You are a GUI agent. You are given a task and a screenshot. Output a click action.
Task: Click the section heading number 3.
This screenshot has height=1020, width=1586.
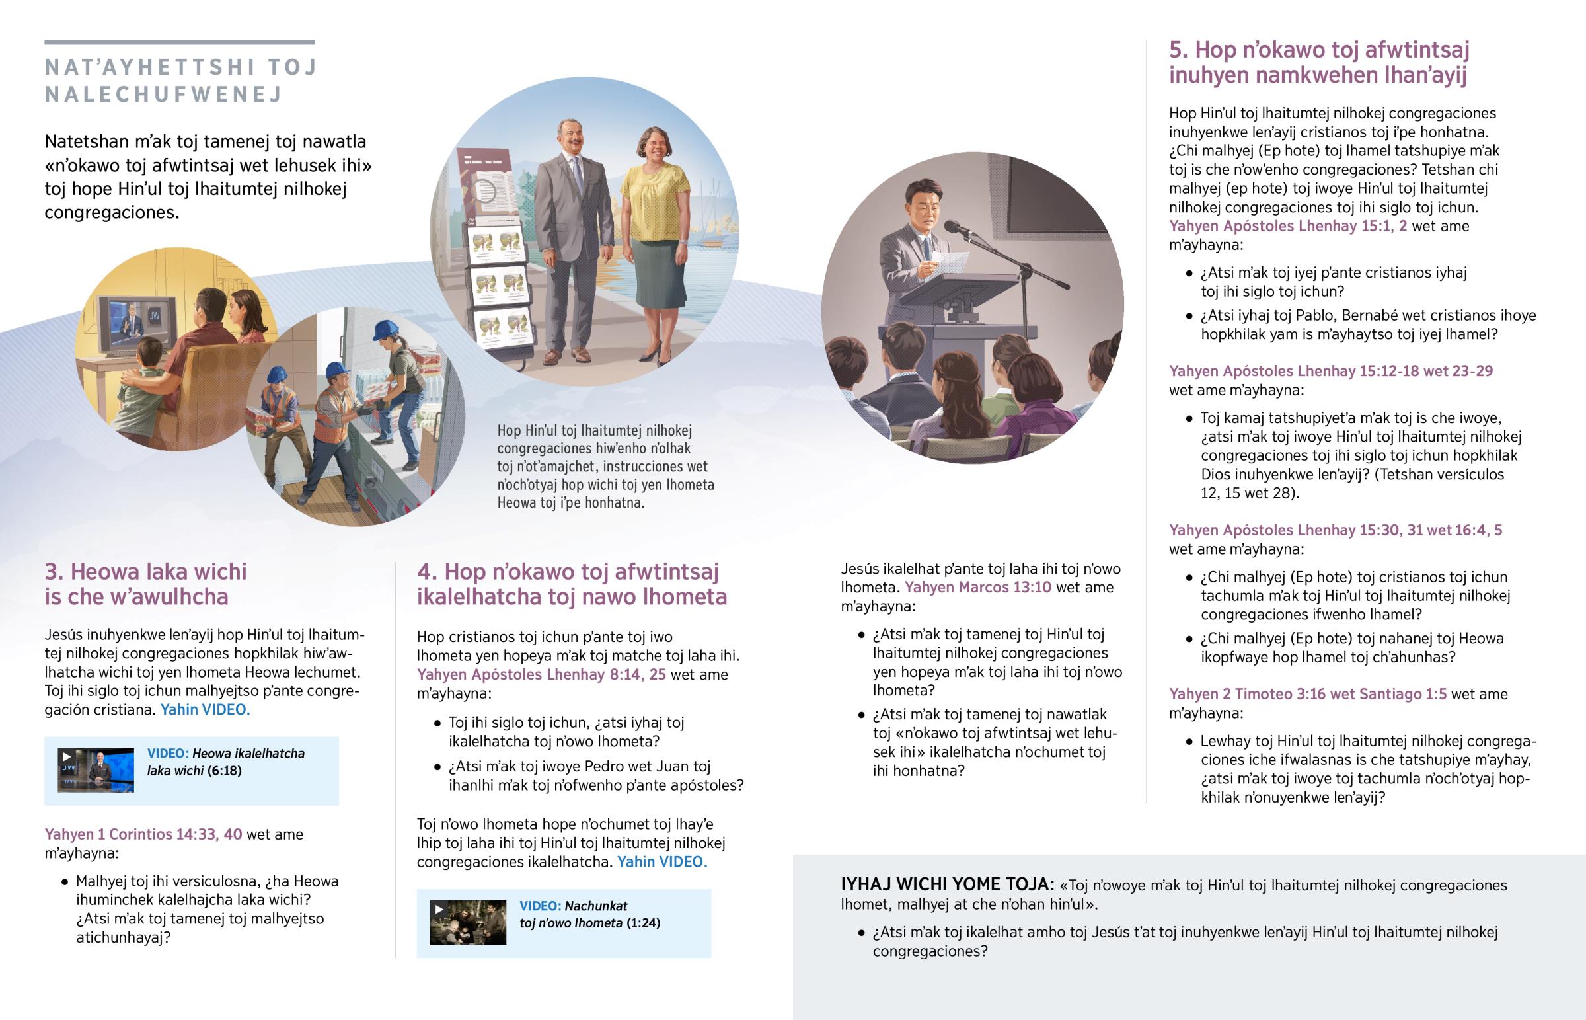[54, 572]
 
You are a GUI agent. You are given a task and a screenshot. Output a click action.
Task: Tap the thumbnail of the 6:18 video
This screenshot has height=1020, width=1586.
[96, 769]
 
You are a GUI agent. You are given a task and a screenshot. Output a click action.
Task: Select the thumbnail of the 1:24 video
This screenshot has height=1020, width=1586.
[468, 922]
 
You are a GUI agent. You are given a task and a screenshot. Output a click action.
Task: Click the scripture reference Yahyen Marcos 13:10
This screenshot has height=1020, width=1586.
[977, 588]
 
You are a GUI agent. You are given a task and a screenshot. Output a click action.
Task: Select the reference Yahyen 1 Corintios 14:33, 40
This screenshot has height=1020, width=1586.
[143, 834]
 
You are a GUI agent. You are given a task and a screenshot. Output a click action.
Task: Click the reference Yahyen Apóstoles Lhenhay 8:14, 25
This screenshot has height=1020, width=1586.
[541, 675]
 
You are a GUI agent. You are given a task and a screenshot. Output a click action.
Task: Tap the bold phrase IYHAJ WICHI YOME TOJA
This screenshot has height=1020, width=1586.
[947, 884]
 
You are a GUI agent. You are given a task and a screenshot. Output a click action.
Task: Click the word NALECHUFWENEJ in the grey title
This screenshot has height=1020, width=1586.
[163, 95]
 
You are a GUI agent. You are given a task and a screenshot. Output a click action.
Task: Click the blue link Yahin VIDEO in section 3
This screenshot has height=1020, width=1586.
[206, 710]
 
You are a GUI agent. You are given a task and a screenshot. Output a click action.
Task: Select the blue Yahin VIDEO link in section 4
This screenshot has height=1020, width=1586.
[662, 863]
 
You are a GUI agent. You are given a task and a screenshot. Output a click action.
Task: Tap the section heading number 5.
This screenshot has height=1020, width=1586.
[1178, 50]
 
